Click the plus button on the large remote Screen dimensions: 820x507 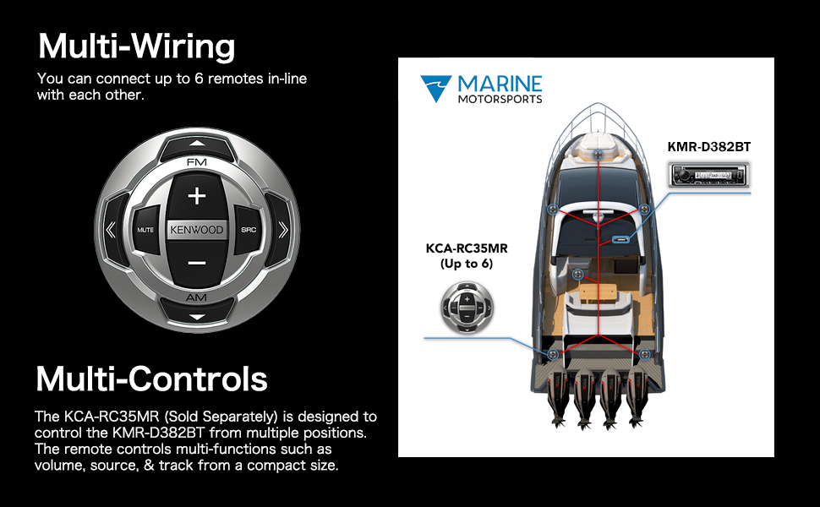point(197,197)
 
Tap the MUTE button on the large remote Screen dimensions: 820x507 point(145,230)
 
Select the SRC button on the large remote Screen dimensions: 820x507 point(249,230)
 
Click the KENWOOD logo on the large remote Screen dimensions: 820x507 point(197,230)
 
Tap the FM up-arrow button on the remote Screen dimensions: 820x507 point(197,146)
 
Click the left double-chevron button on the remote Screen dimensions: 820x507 point(112,230)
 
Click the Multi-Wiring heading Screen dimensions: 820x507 point(137,46)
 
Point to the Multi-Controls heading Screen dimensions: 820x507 point(151,379)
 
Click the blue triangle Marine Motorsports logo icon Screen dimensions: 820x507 point(435,87)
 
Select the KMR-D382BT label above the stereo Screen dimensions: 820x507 point(709,147)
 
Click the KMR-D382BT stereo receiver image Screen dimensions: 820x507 point(709,175)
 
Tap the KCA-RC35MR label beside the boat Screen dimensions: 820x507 point(467,248)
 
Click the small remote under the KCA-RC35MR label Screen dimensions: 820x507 point(467,308)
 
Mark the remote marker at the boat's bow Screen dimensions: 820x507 point(598,155)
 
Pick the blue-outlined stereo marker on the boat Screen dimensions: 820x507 point(621,240)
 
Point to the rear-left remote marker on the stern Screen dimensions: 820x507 point(553,354)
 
